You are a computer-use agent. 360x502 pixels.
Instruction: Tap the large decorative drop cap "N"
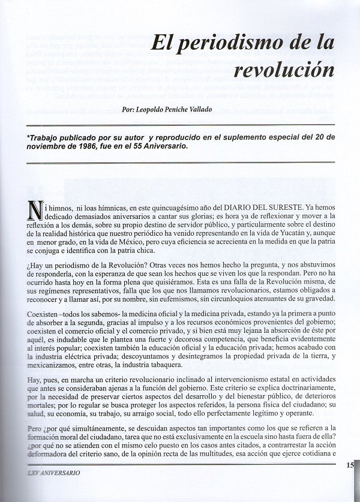click(x=35, y=211)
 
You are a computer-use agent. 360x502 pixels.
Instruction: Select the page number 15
click(x=351, y=464)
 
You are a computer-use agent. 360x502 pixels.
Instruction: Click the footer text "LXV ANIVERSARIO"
click(x=54, y=473)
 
